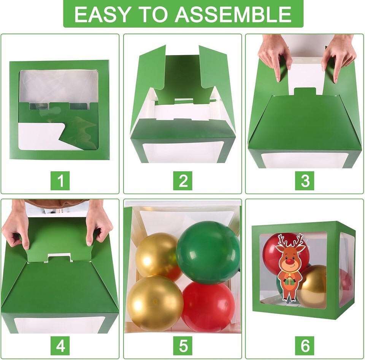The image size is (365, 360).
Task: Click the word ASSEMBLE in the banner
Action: [233, 14]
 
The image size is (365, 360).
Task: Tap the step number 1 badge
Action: [60, 180]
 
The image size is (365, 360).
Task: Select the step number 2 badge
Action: [183, 180]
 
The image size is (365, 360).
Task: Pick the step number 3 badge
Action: [305, 180]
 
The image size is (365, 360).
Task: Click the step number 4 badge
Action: [60, 346]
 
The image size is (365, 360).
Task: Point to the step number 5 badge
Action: [183, 346]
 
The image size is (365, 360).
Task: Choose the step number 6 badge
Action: [305, 346]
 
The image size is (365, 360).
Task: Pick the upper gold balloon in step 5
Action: [158, 256]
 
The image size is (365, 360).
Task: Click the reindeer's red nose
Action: [289, 262]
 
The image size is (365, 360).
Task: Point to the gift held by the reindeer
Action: [289, 281]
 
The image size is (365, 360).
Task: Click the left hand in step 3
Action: [275, 58]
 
